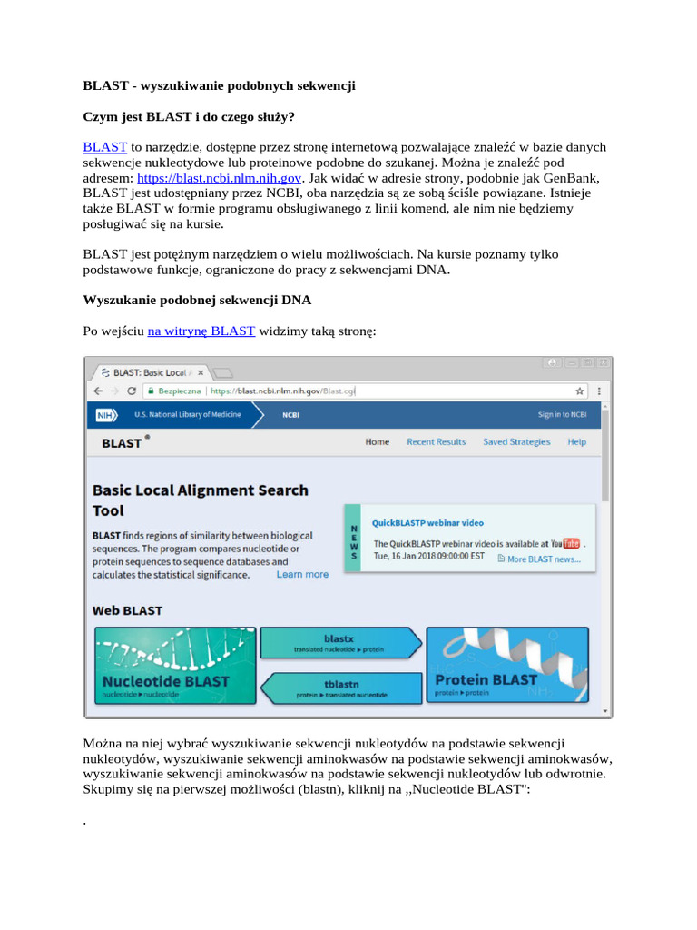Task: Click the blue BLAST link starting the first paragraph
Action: (104, 146)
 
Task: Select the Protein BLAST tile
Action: (507, 665)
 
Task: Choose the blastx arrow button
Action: (339, 643)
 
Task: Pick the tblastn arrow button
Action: (341, 688)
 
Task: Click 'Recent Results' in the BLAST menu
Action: (436, 442)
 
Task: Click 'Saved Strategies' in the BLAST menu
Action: (516, 442)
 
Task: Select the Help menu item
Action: (576, 442)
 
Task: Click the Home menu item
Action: (377, 442)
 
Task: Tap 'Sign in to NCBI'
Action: (562, 415)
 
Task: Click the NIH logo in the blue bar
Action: (108, 415)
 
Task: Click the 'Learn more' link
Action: (302, 575)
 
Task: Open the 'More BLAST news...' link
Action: (543, 559)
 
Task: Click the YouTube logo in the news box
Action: (571, 544)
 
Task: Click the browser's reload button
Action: (133, 391)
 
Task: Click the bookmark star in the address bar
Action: (579, 391)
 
